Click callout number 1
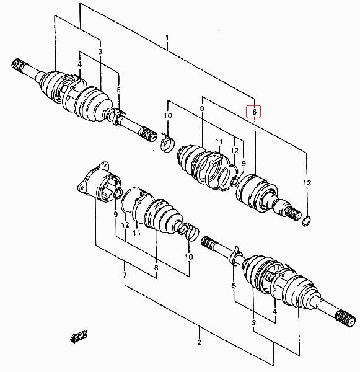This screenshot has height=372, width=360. point(167,38)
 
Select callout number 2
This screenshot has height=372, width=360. point(199,342)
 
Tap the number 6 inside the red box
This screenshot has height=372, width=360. point(254,112)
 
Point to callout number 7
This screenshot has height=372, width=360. point(125,275)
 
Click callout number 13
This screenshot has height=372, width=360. point(307,183)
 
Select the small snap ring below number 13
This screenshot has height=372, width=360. point(307,221)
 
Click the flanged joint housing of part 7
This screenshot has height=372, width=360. point(99,182)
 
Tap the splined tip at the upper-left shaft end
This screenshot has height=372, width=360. point(18,64)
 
